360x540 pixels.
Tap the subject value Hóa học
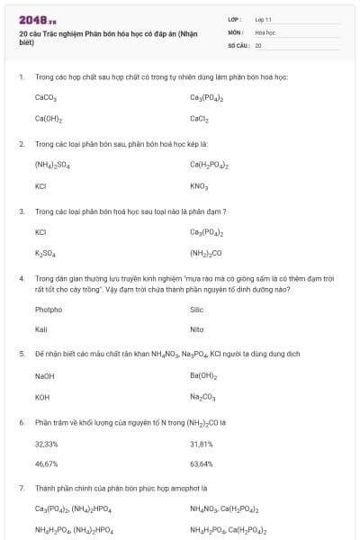[x=265, y=31]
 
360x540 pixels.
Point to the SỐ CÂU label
[x=238, y=44]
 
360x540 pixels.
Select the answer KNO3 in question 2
[x=200, y=186]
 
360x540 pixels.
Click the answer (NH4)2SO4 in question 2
[x=52, y=165]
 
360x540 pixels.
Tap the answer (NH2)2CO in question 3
[x=206, y=254]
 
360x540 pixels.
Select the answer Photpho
[x=49, y=310]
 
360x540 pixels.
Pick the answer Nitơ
[x=197, y=329]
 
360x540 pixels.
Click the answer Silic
[x=197, y=310]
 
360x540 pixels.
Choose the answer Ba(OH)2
[x=203, y=375]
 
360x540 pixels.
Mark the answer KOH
[x=42, y=397]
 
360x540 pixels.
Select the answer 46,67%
[x=47, y=464]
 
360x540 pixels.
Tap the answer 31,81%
[x=202, y=444]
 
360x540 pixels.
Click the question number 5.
[x=21, y=354]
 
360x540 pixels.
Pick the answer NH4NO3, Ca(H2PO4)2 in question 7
[x=224, y=509]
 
